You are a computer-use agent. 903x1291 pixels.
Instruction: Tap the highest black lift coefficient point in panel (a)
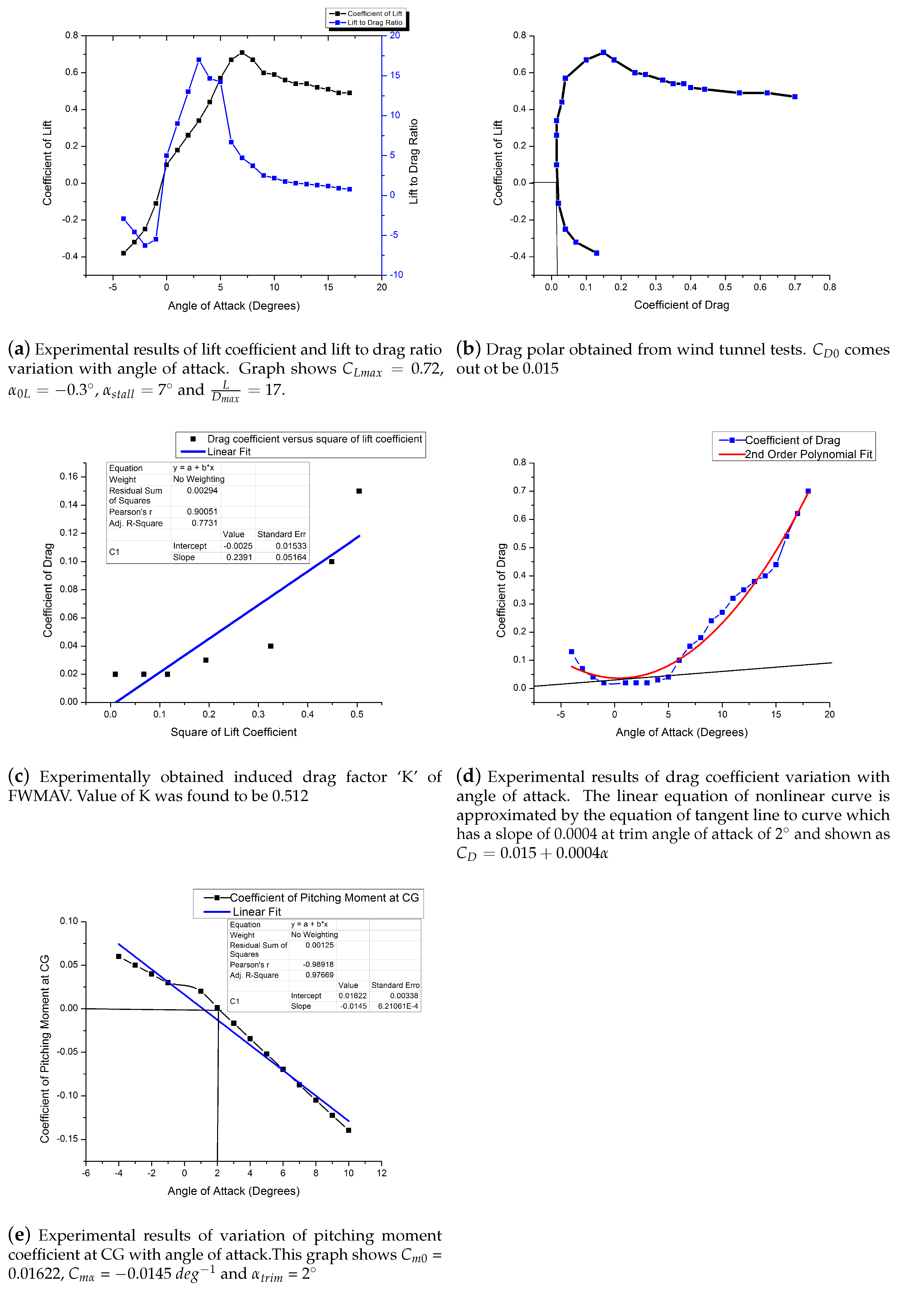[x=242, y=52]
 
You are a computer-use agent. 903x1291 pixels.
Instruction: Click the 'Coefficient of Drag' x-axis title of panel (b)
[x=682, y=305]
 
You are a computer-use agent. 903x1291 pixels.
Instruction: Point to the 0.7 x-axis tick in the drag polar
[x=795, y=287]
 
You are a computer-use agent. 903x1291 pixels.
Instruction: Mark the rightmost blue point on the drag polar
[x=795, y=97]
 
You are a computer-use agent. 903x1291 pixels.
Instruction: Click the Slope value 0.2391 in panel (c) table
[x=239, y=557]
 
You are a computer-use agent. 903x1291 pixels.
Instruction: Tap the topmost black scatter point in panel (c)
[x=359, y=491]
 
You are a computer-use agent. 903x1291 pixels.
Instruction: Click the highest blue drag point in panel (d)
[x=808, y=491]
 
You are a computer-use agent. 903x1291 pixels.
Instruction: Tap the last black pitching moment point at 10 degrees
[x=348, y=1130]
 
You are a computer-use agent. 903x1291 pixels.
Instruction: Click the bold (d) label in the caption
[x=468, y=777]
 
